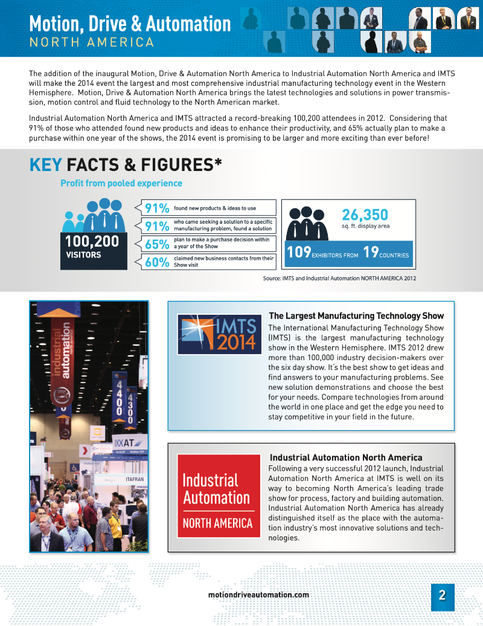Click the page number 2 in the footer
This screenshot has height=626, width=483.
tap(442, 595)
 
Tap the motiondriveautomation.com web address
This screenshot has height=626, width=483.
tap(258, 595)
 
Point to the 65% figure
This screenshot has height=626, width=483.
tap(156, 244)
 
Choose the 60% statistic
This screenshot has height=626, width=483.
tap(156, 262)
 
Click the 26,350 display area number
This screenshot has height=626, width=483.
tap(365, 215)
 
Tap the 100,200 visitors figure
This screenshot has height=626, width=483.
tap(92, 242)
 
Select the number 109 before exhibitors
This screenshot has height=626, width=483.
tap(298, 253)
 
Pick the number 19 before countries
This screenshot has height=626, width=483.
tap(371, 253)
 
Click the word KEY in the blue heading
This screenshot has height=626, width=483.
tap(46, 164)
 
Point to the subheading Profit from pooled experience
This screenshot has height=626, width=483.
tap(121, 183)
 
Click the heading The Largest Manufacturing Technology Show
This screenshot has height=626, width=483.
tap(356, 316)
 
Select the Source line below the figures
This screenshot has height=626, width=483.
tap(339, 278)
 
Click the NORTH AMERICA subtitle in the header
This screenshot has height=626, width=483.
tap(92, 42)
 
